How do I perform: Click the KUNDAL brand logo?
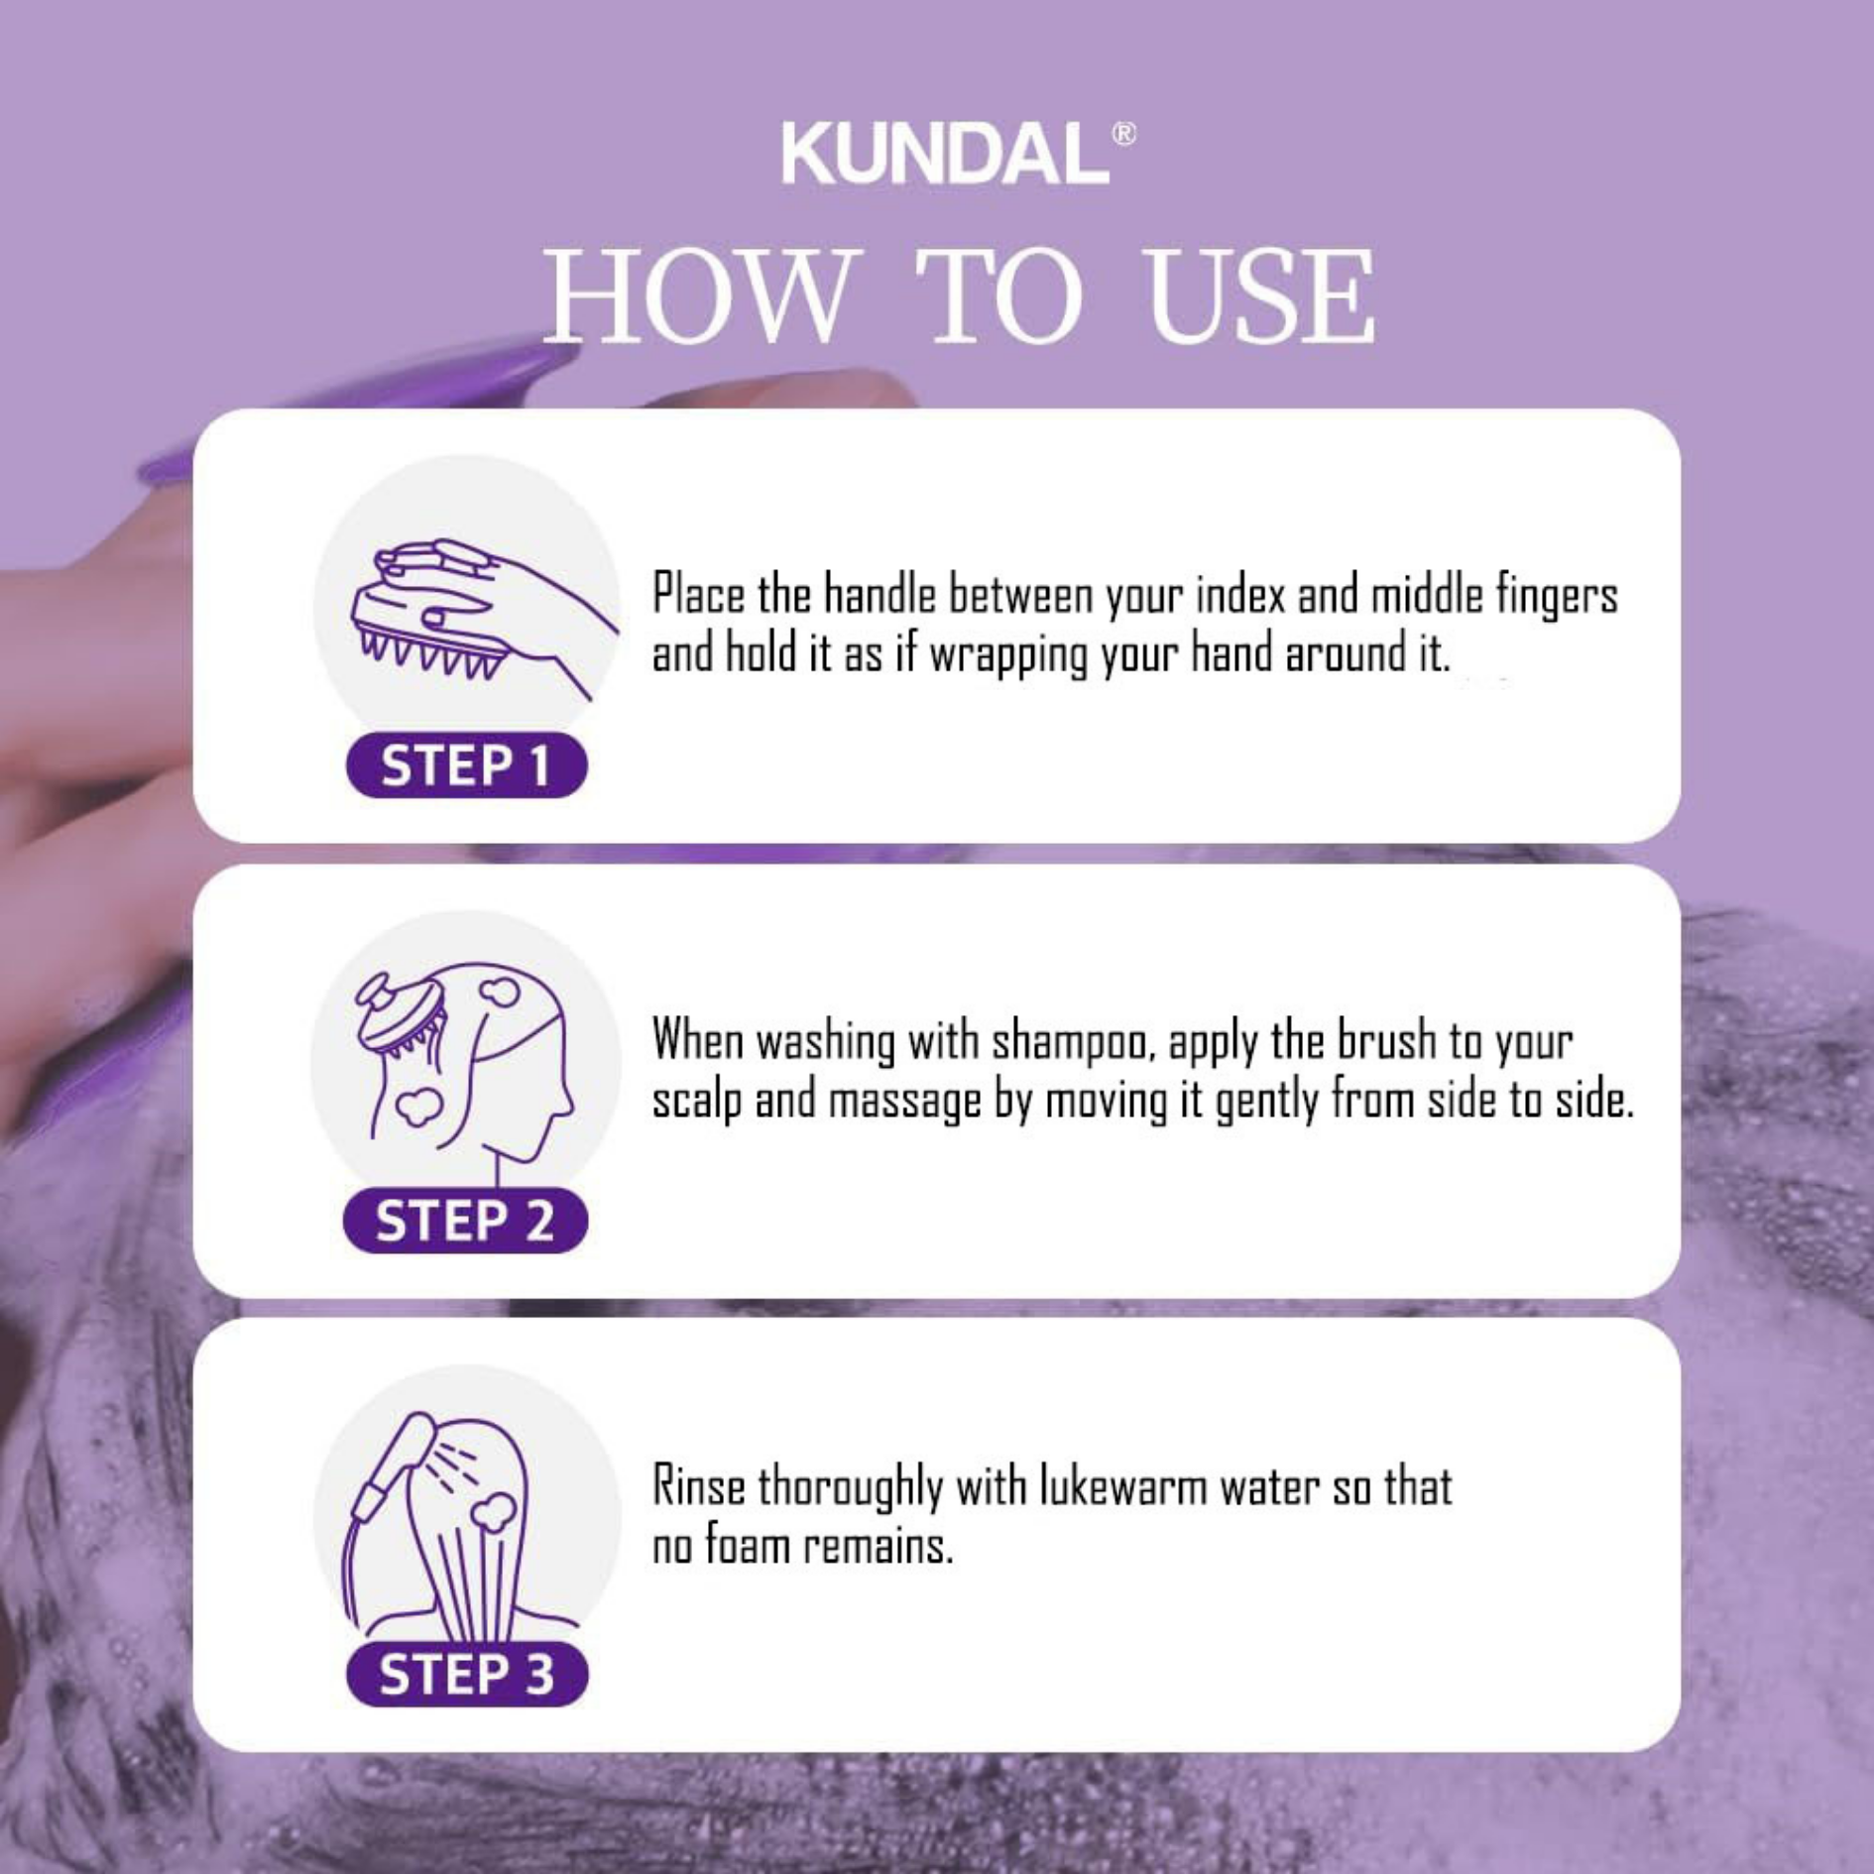(946, 154)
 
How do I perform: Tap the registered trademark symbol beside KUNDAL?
(1123, 134)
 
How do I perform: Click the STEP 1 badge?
(466, 764)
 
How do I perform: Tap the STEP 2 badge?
(465, 1220)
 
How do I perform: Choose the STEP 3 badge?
(467, 1674)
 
